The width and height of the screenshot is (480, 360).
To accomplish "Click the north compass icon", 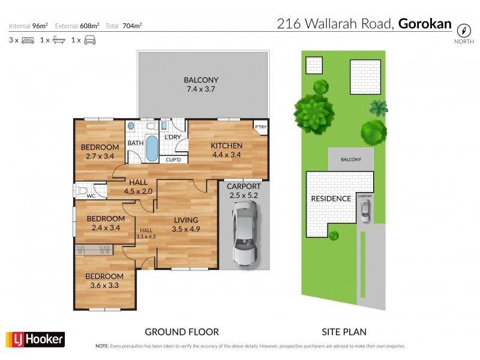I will pyautogui.click(x=463, y=30).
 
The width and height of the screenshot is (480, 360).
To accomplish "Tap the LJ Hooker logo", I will pyautogui.click(x=34, y=340).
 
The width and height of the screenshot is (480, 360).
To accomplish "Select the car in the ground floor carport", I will pyautogui.click(x=245, y=233).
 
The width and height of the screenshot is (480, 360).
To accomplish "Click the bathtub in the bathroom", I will pyautogui.click(x=152, y=148).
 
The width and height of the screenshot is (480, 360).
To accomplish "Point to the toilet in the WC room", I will pyautogui.click(x=81, y=190).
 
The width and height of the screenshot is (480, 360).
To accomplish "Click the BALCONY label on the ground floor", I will pyautogui.click(x=201, y=80).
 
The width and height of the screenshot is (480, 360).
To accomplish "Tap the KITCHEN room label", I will pyautogui.click(x=226, y=146).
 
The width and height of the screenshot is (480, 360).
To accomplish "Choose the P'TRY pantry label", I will pyautogui.click(x=260, y=127).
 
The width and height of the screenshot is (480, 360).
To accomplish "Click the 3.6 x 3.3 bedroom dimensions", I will pyautogui.click(x=104, y=286).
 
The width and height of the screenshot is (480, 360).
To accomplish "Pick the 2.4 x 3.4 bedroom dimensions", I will pyautogui.click(x=105, y=227).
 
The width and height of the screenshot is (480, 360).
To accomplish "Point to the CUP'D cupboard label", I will pyautogui.click(x=173, y=160).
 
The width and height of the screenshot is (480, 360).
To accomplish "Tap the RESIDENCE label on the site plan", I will pyautogui.click(x=331, y=199).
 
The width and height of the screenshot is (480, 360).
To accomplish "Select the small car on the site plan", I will pyautogui.click(x=365, y=209).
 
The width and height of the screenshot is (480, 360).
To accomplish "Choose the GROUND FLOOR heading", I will pyautogui.click(x=182, y=331).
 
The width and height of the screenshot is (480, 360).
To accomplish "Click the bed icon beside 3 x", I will pyautogui.click(x=28, y=40).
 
